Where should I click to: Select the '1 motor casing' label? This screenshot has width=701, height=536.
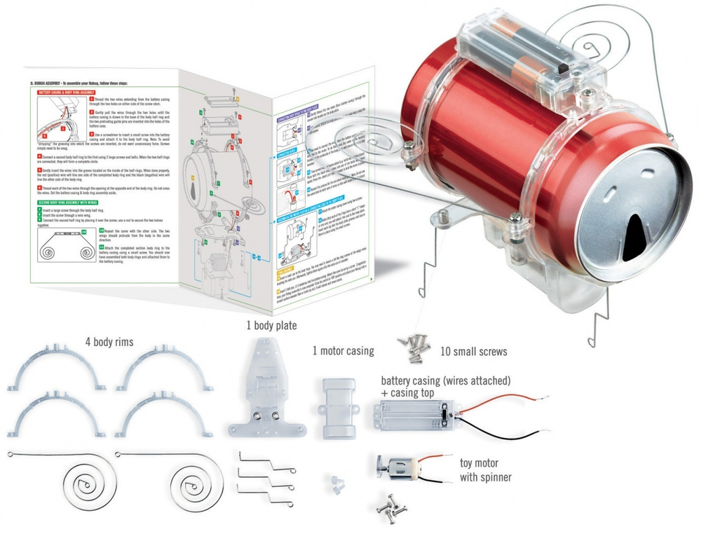343,350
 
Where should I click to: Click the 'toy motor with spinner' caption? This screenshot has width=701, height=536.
491,469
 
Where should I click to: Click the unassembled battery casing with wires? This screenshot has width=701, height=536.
414,416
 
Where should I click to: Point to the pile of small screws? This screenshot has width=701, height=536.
415,344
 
